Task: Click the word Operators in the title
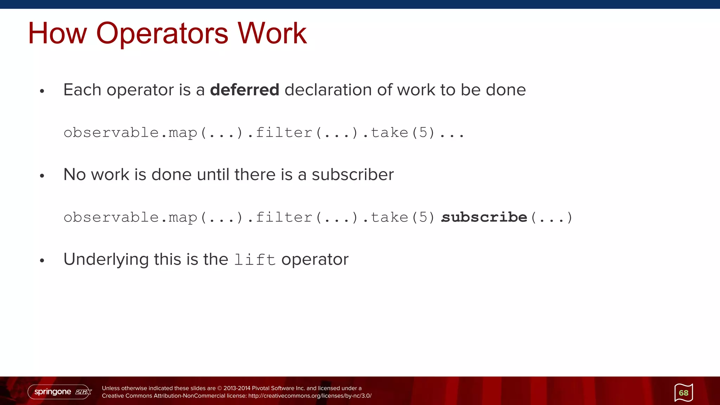click(x=162, y=34)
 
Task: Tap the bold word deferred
click(x=244, y=90)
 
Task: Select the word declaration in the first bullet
click(x=328, y=90)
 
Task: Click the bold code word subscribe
click(x=484, y=217)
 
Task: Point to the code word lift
click(x=255, y=260)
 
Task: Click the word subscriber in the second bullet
click(x=353, y=175)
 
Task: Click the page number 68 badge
click(x=683, y=393)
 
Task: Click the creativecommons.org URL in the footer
click(x=310, y=396)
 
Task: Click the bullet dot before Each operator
click(x=42, y=91)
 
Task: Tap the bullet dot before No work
click(x=42, y=176)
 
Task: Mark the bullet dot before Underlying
click(x=42, y=261)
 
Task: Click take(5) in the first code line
click(x=403, y=133)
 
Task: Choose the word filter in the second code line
click(x=284, y=217)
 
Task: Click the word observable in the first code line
click(x=111, y=133)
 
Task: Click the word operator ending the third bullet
click(x=315, y=260)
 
